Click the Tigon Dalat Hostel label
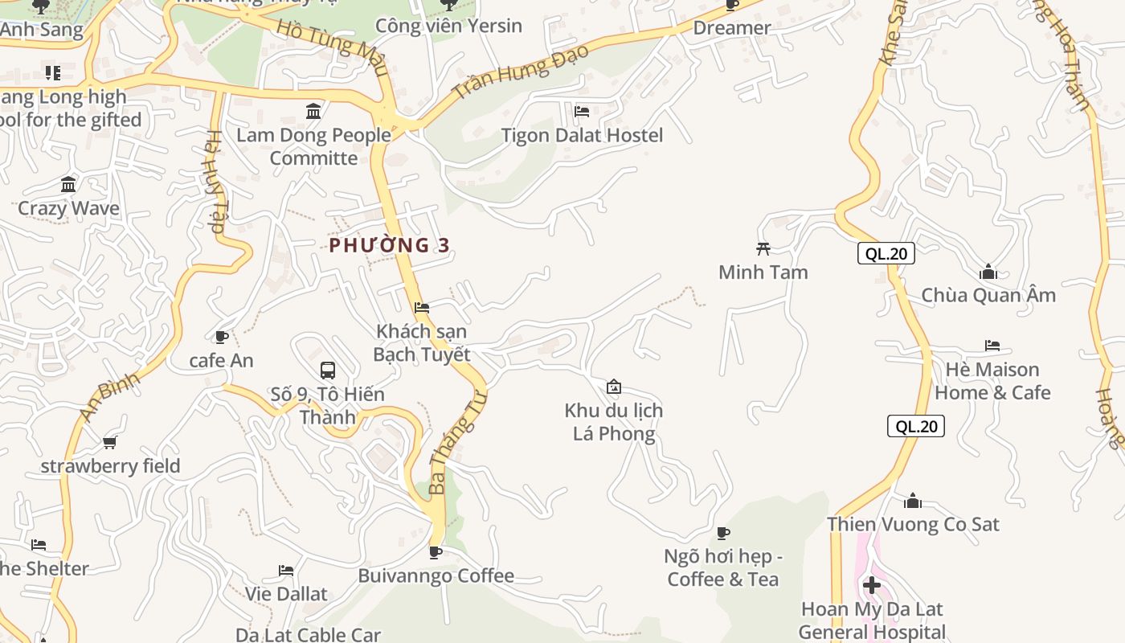(582, 135)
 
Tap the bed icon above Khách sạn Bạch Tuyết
(422, 308)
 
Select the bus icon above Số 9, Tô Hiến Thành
(328, 371)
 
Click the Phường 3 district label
(390, 245)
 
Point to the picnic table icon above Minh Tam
(763, 249)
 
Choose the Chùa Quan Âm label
(988, 295)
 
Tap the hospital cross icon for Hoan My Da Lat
(872, 585)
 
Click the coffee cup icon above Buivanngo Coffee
(435, 552)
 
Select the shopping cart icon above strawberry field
(110, 442)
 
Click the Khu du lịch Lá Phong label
(614, 422)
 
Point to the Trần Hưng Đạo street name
(521, 72)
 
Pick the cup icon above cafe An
(222, 337)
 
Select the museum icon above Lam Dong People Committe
(313, 111)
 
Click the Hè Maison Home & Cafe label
(992, 381)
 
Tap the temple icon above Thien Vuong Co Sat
(913, 502)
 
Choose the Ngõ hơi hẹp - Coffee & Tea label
(723, 567)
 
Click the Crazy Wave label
(68, 208)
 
